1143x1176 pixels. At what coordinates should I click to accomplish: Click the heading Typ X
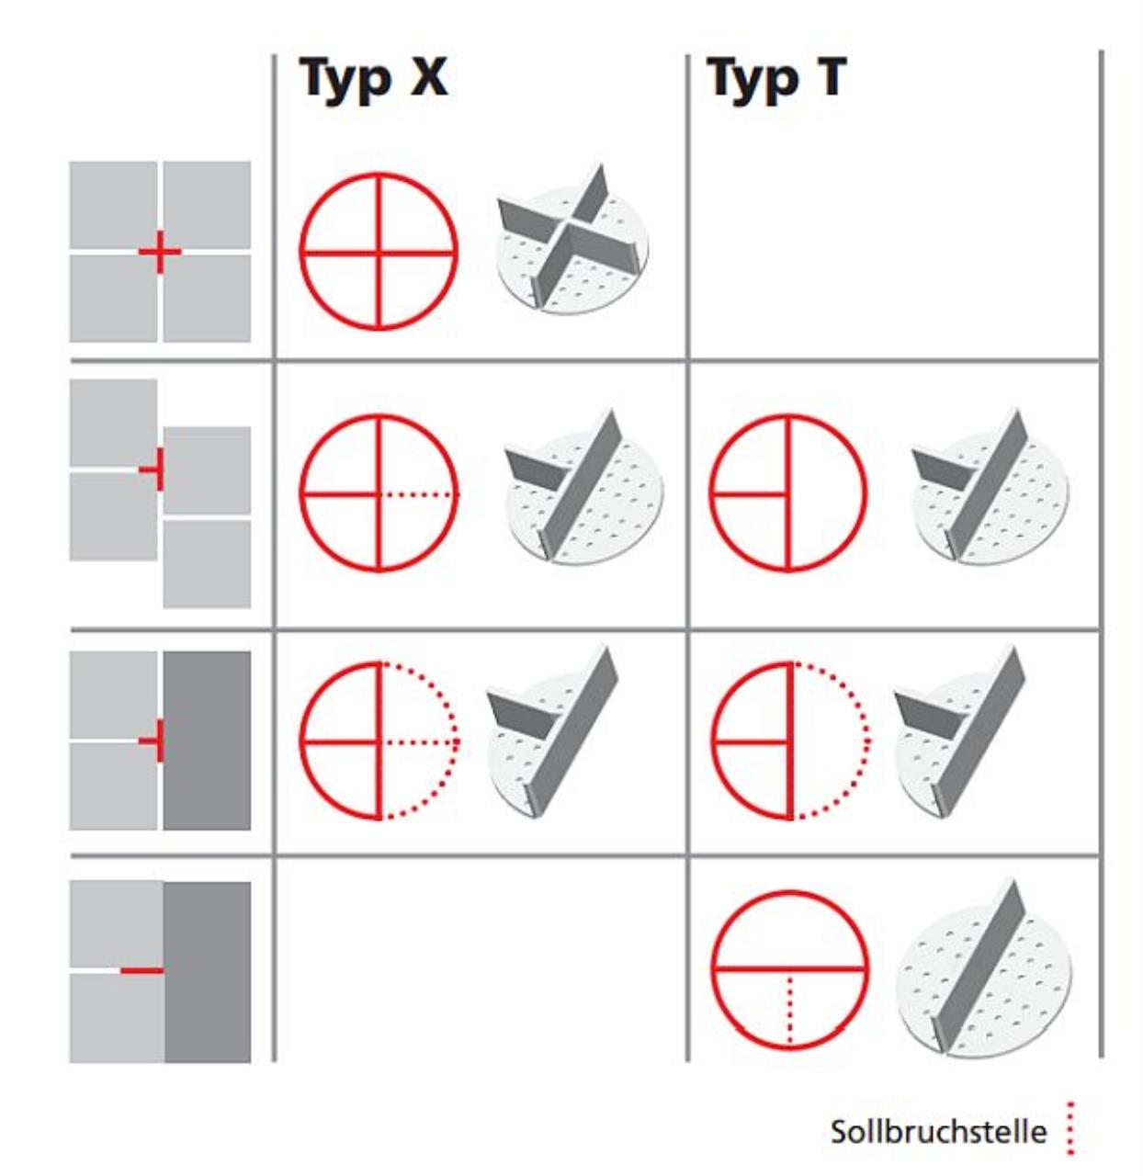click(375, 80)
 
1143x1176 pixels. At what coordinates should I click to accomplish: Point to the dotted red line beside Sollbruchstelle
click(1070, 1128)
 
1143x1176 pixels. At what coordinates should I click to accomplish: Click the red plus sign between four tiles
click(160, 252)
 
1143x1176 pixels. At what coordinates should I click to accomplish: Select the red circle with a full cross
click(379, 252)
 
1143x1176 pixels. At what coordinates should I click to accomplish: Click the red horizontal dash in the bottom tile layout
click(142, 970)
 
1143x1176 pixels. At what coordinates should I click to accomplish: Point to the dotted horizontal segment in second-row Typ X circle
click(420, 495)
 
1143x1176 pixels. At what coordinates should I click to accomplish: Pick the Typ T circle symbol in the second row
click(788, 492)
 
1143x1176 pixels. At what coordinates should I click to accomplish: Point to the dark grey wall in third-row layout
click(208, 741)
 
